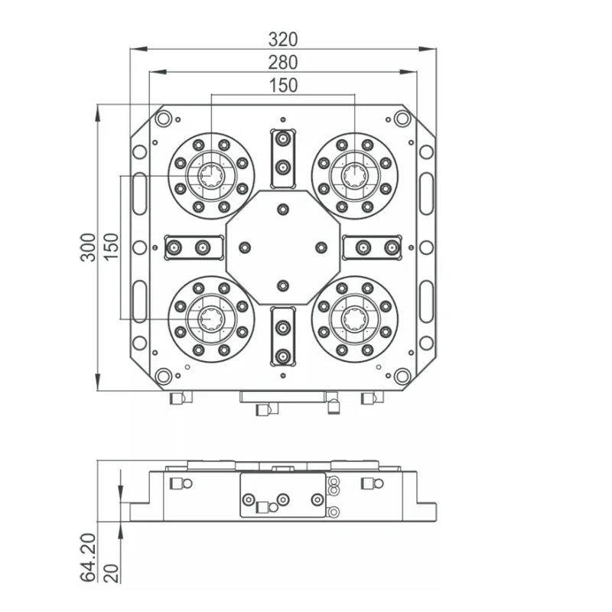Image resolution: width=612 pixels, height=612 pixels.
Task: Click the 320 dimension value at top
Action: tap(283, 38)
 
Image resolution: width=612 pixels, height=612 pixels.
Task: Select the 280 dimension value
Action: tap(283, 62)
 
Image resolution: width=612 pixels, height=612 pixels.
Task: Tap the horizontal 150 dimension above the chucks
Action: tap(283, 86)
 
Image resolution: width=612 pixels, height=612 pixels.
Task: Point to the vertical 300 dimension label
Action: tap(90, 246)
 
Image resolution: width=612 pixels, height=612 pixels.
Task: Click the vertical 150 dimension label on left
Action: tap(112, 246)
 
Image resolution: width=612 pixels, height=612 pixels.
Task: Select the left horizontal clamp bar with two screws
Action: tap(193, 247)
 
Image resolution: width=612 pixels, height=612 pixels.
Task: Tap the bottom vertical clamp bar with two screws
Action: tap(283, 337)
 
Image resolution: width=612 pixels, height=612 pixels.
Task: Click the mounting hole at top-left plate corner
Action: tap(163, 119)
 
